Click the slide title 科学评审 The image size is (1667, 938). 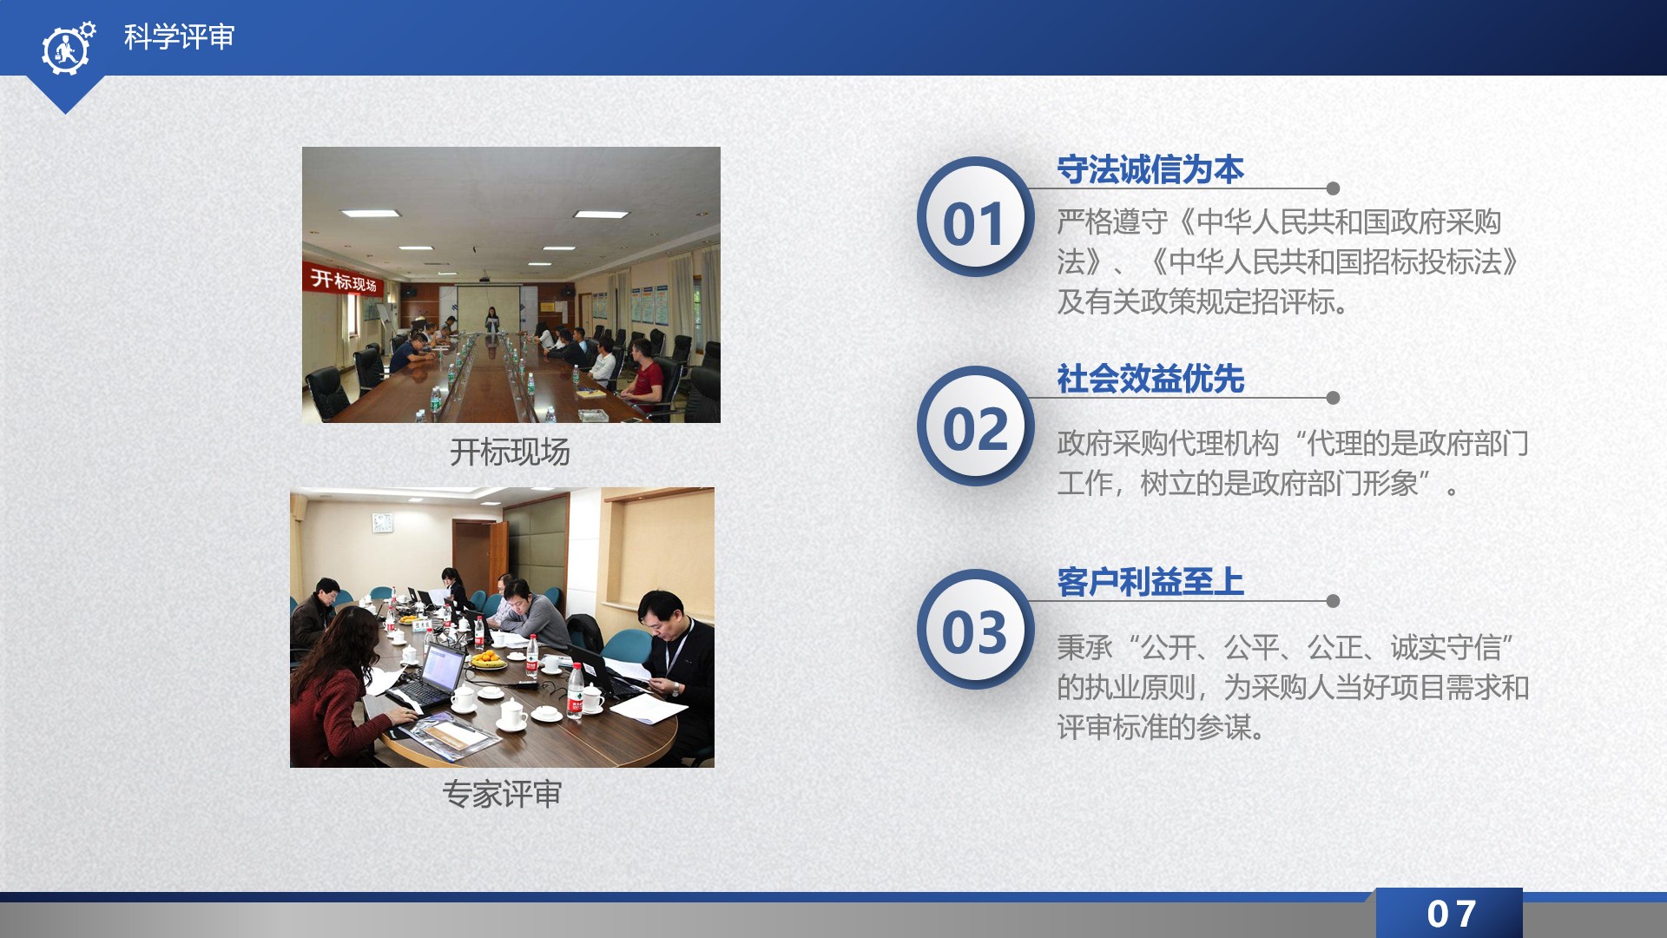click(x=179, y=37)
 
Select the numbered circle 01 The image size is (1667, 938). click(x=975, y=217)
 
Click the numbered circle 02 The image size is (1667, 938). click(x=975, y=426)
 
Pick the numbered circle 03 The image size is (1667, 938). click(x=975, y=630)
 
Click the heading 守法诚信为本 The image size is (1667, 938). click(x=1150, y=169)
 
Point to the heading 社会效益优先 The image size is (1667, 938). click(x=1150, y=379)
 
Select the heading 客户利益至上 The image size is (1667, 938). click(x=1150, y=582)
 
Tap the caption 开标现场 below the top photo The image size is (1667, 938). click(x=510, y=452)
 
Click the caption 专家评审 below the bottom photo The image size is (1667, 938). click(x=503, y=794)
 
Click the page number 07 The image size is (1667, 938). click(x=1451, y=914)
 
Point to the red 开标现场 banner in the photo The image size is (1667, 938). click(x=344, y=280)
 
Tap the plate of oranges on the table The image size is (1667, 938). click(x=488, y=661)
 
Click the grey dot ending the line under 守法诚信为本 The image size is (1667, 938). click(x=1334, y=188)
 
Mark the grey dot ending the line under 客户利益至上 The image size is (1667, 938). click(x=1334, y=601)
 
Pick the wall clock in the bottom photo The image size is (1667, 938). click(x=382, y=522)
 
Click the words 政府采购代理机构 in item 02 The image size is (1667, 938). click(x=1168, y=444)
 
